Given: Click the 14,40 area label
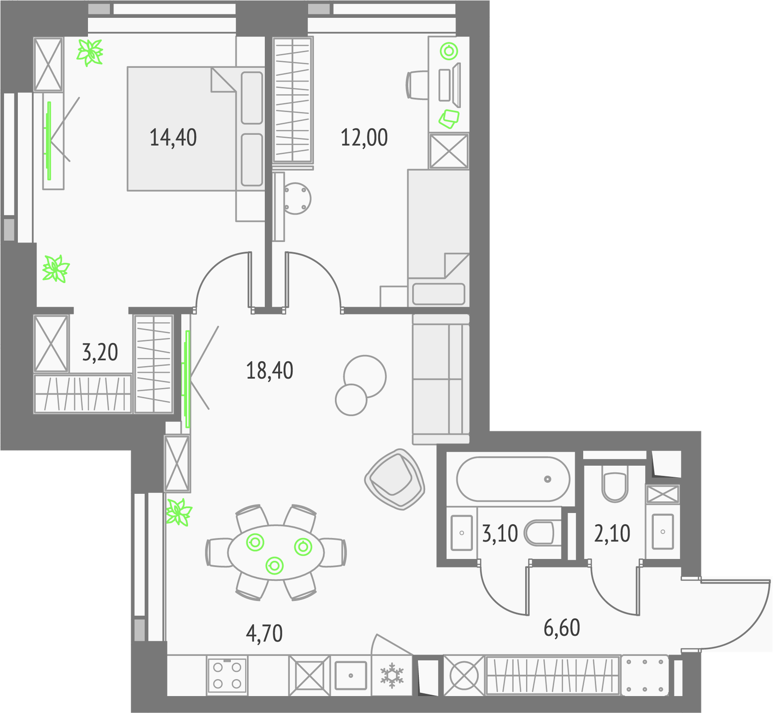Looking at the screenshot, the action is (173, 138).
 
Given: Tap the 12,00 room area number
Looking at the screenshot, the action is (364, 138).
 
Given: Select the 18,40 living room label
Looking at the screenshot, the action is (270, 371).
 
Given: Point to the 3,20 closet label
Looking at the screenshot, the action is (100, 352).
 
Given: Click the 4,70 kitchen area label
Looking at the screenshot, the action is (264, 633).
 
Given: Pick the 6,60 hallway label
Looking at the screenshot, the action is (562, 627).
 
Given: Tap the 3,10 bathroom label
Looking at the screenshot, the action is (500, 533).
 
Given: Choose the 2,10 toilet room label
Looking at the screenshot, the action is (612, 533).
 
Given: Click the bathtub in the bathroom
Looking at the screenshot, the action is (513, 479).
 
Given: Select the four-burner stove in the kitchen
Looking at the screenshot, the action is (227, 675).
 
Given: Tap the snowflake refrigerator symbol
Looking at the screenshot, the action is (392, 675).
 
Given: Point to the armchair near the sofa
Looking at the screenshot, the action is (395, 479).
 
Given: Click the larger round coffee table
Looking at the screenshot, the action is (365, 376).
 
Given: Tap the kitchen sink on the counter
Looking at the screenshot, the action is (351, 675).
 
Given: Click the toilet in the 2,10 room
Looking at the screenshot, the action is (615, 483).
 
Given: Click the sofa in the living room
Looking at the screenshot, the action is (441, 379).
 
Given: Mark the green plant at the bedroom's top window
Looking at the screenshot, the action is (90, 52).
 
